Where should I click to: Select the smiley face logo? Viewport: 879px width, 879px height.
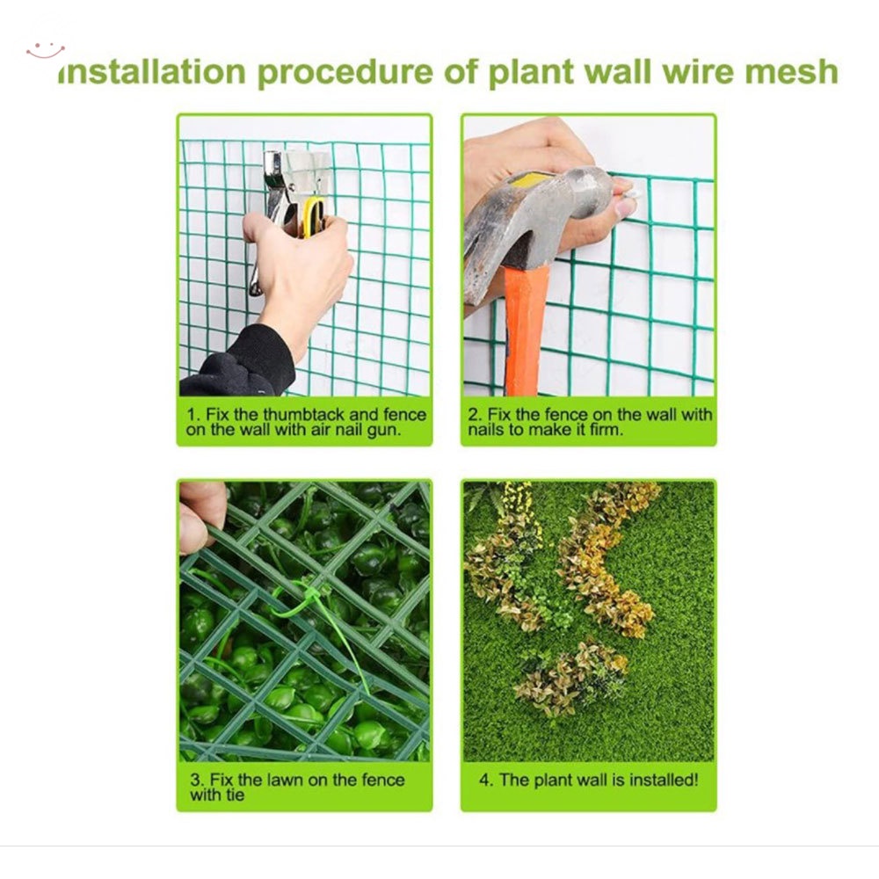pos(45,50)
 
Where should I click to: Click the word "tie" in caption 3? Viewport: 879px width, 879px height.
pos(234,795)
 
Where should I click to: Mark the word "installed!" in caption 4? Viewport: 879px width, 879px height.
pos(664,780)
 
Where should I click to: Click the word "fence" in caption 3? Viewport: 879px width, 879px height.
pos(383,780)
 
